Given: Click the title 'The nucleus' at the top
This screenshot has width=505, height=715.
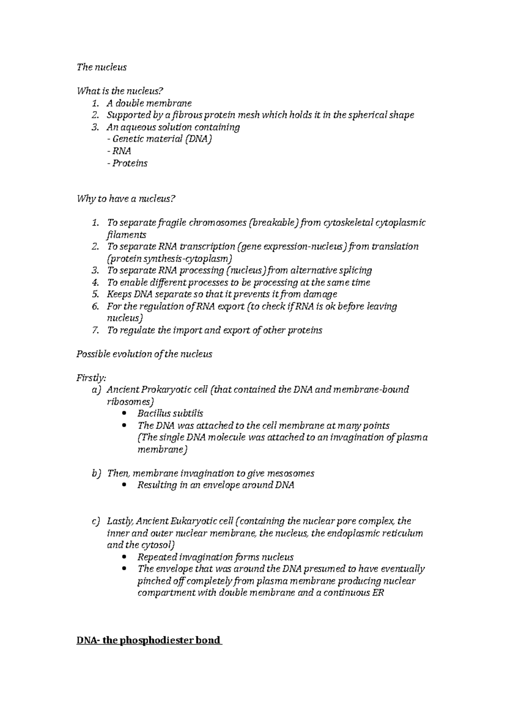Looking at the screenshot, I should (x=101, y=67).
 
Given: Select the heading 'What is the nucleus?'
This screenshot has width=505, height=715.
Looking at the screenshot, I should (x=119, y=91).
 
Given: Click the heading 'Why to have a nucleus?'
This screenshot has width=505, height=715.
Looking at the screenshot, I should (x=125, y=199).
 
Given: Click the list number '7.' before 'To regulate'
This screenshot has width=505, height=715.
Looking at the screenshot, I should (x=96, y=331).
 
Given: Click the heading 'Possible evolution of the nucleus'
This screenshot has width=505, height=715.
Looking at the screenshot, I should (x=144, y=354).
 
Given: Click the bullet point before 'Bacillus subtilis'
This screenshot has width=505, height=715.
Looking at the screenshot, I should (x=124, y=414).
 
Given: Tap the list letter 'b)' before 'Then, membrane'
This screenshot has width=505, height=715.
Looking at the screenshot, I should (x=96, y=473).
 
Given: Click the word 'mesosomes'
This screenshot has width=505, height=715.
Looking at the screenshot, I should (x=292, y=473).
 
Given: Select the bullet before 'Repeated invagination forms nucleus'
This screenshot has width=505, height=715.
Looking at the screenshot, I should (x=124, y=557).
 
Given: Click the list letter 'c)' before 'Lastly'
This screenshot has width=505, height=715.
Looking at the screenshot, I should (x=96, y=521).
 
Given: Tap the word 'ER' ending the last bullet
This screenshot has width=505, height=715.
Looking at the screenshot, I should (x=378, y=593).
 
